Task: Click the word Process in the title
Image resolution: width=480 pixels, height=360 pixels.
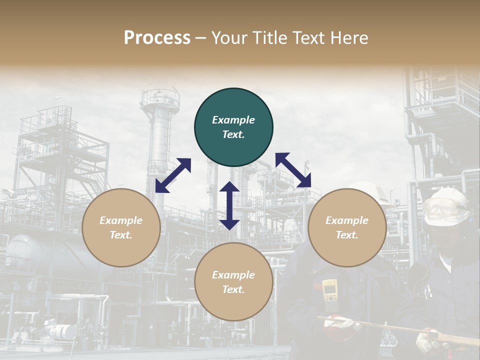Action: point(157,38)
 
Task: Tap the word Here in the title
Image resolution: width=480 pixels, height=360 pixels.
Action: point(347,38)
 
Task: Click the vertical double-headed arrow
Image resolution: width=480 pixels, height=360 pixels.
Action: point(229,205)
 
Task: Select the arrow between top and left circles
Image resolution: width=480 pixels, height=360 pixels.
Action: point(173,175)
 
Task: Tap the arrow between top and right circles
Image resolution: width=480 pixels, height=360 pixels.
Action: point(293,170)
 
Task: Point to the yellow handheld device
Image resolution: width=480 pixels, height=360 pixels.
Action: point(329,296)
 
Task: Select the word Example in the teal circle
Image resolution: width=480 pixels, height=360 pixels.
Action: point(233,120)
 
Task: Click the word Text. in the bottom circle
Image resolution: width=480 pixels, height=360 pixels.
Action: point(233,289)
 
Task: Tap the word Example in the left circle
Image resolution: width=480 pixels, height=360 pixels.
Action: point(121,220)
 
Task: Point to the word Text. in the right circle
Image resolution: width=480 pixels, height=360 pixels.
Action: point(347,235)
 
